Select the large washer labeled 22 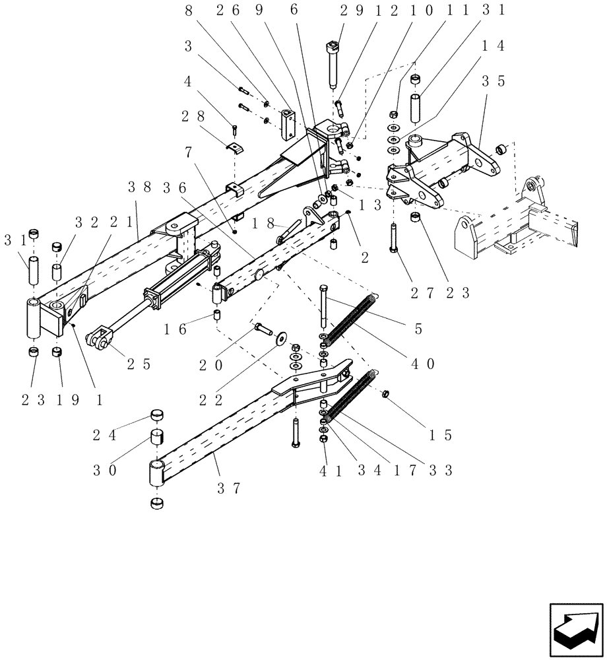[282, 338]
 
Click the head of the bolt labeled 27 [394, 249]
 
